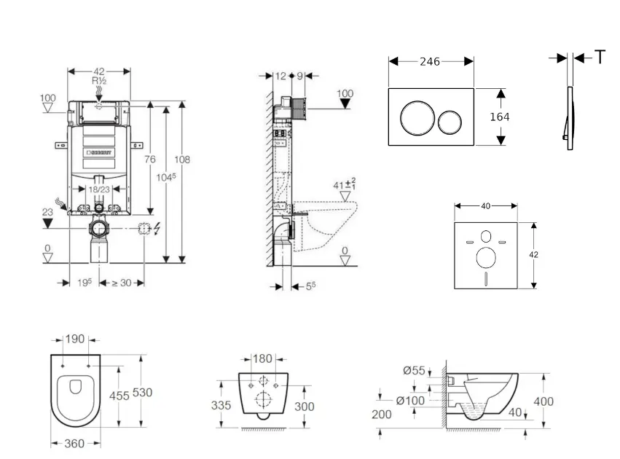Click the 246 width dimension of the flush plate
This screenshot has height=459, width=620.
430,62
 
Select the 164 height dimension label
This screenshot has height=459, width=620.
500,117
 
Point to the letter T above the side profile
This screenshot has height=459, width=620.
600,58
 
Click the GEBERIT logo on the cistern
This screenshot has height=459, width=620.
100,153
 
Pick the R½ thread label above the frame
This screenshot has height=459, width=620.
99,81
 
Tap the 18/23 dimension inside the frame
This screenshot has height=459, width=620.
99,189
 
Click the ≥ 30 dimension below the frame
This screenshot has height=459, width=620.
121,283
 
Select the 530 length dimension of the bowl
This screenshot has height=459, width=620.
142,393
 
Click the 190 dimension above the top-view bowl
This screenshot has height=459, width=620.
76,340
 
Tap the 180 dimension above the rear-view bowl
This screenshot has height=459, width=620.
263,358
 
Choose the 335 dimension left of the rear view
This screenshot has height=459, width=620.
221,405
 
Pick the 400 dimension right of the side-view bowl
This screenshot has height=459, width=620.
544,401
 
